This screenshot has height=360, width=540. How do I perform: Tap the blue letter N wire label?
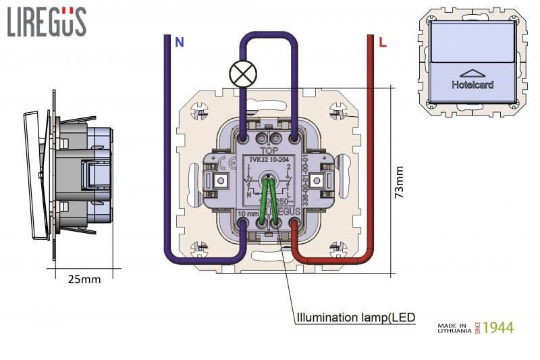(179, 43)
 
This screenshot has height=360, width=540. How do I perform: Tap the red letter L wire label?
(383, 43)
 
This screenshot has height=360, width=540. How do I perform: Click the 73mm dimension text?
(400, 182)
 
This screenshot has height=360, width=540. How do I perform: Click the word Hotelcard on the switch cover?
(473, 85)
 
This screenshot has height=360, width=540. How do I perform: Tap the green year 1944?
(498, 328)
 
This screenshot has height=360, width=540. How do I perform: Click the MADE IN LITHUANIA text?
(455, 328)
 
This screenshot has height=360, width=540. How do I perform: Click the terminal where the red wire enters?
(294, 224)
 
